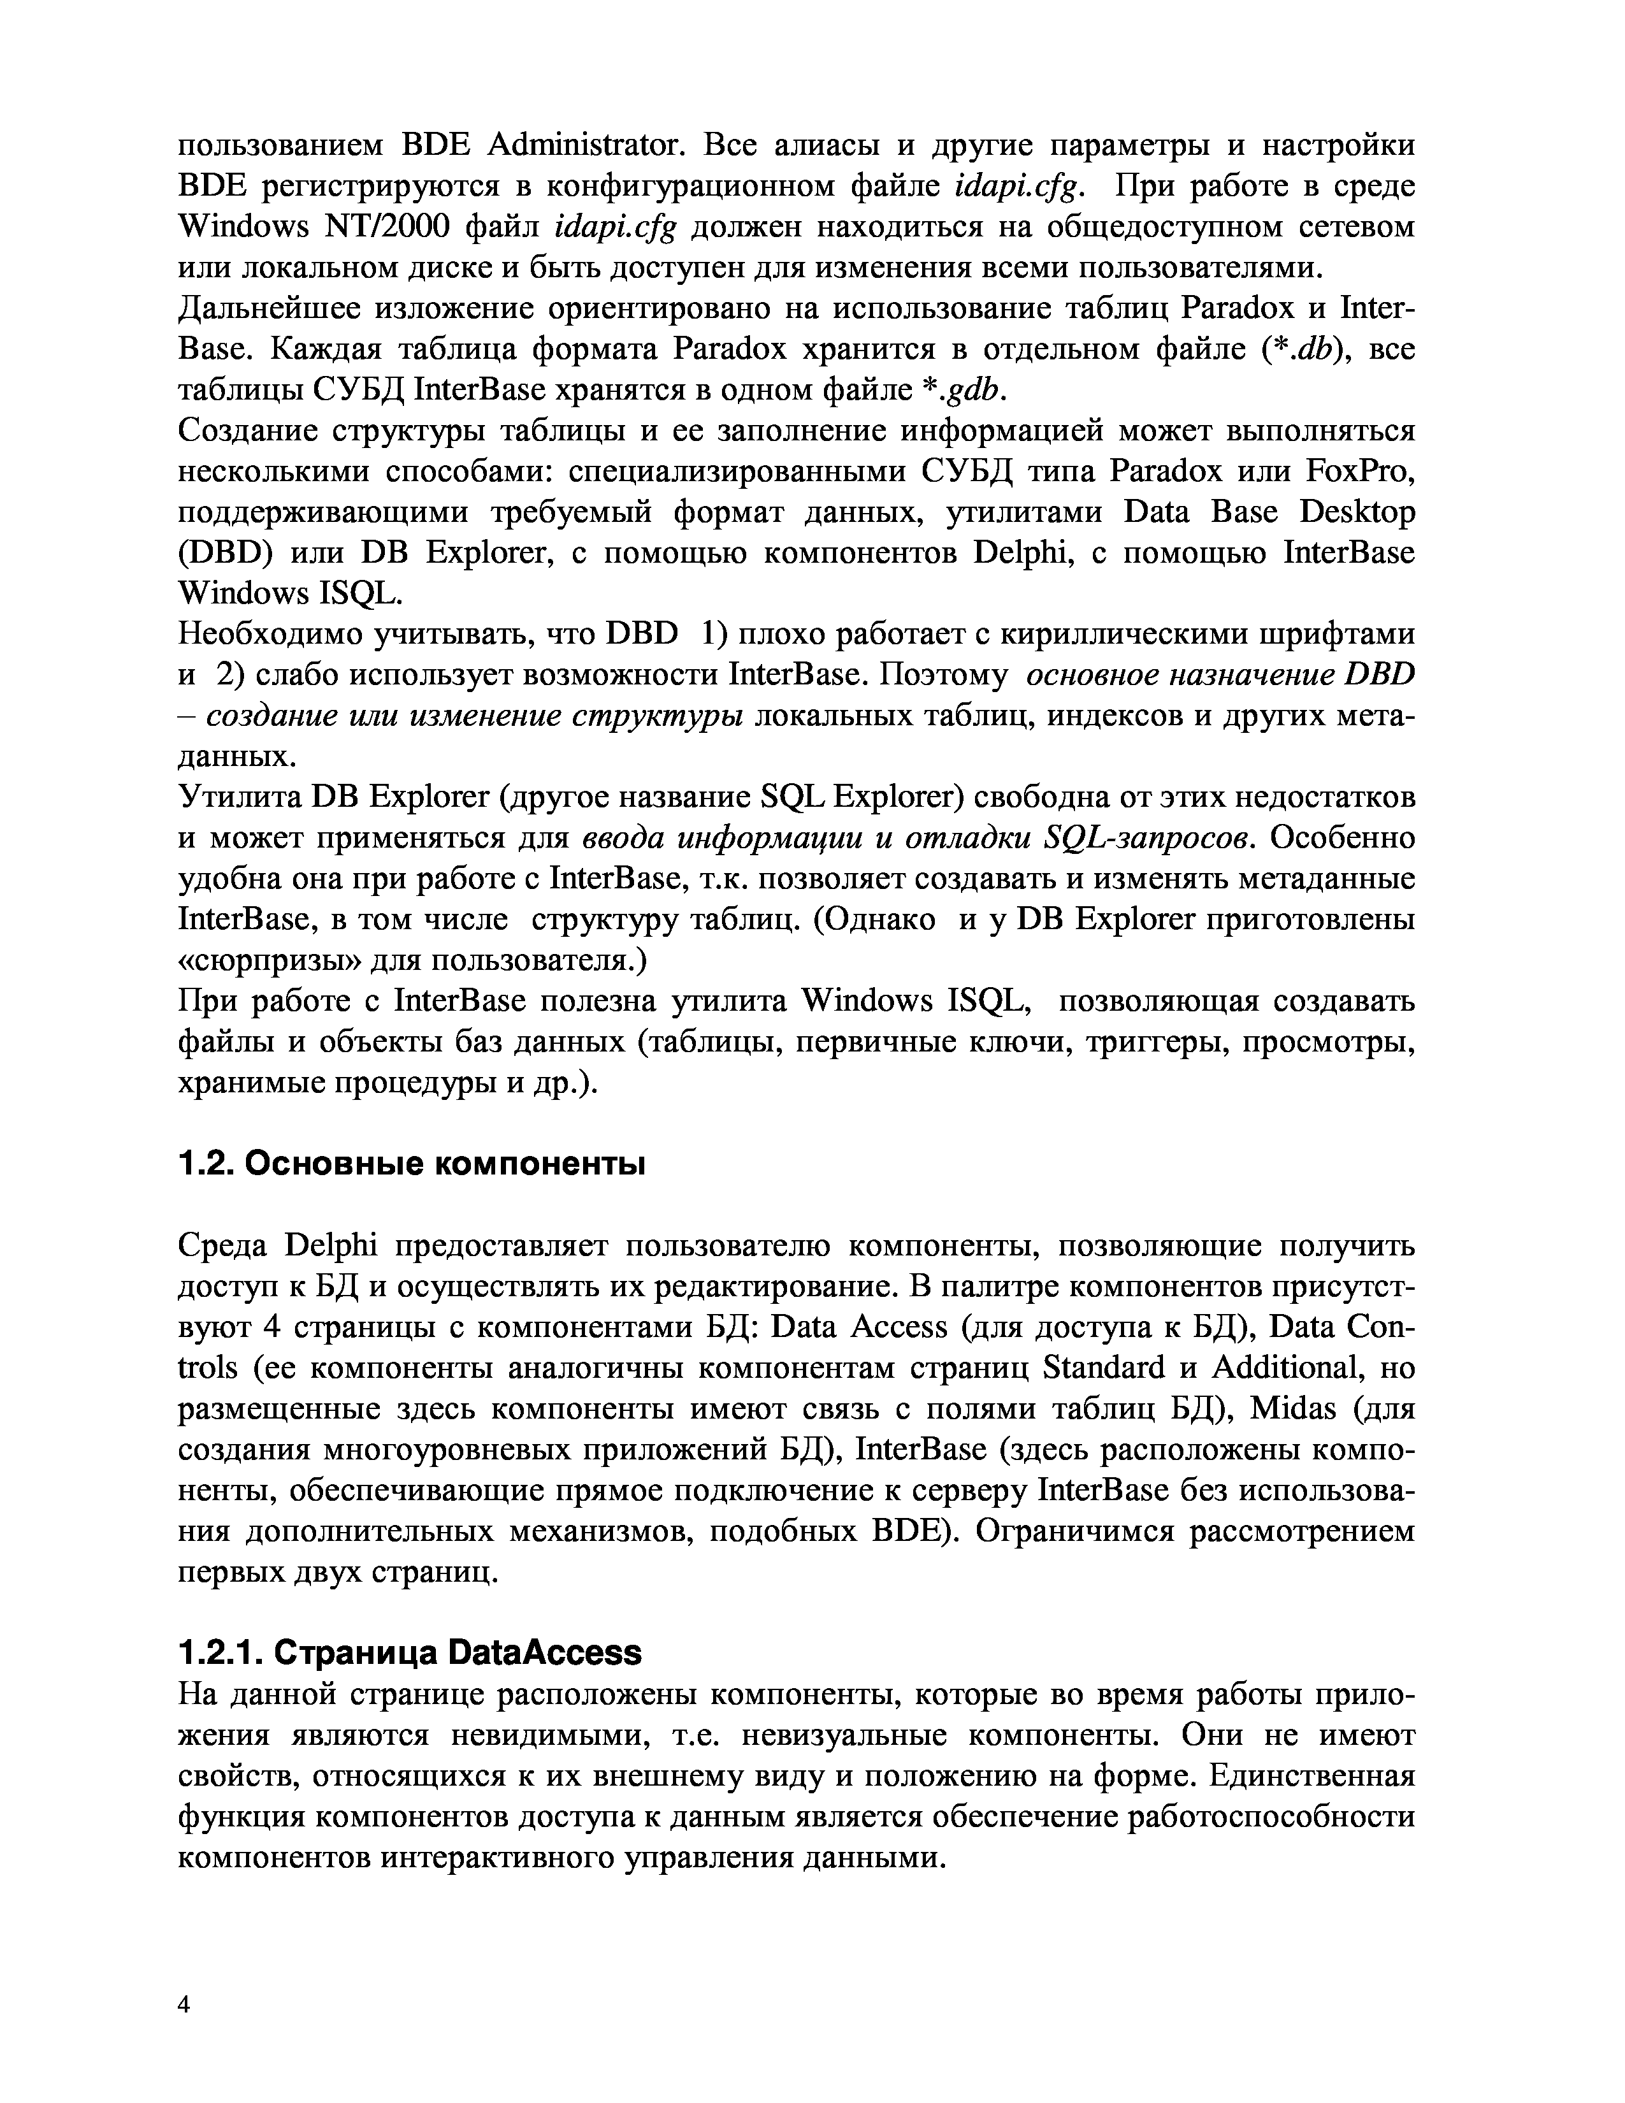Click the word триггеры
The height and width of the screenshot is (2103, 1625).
(1159, 1042)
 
